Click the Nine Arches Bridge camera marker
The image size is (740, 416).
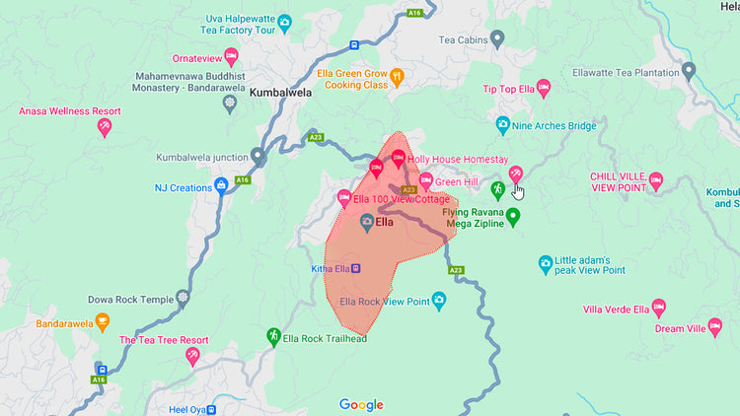(x=502, y=125)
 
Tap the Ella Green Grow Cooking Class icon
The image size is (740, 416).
(x=397, y=76)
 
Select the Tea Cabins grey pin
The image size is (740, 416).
(x=498, y=38)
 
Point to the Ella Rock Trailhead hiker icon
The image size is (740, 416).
(x=273, y=337)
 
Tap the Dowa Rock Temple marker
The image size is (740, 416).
(x=182, y=298)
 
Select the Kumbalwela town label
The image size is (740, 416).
(x=281, y=94)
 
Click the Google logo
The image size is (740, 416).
(x=361, y=404)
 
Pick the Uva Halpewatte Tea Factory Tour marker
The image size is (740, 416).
(x=284, y=22)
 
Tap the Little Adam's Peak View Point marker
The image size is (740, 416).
(x=546, y=263)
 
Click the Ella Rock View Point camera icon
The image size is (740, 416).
(x=439, y=301)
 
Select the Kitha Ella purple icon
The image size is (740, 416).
(x=356, y=267)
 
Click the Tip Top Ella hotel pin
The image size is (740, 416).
(x=544, y=88)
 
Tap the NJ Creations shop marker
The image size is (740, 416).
(x=222, y=184)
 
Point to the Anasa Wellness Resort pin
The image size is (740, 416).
(x=105, y=125)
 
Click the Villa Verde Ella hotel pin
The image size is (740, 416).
(x=659, y=308)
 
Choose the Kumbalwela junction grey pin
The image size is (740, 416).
(x=259, y=156)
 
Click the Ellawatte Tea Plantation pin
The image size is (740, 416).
(x=689, y=71)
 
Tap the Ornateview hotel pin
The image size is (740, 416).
(x=231, y=55)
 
